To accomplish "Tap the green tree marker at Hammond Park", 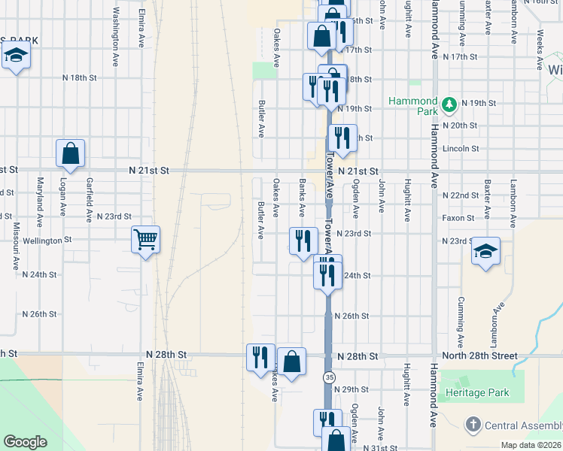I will [x=449, y=103].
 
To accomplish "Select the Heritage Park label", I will [x=476, y=392].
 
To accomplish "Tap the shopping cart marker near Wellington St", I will [x=145, y=240].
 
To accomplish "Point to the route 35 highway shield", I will [x=329, y=376].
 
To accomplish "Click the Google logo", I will [x=25, y=442].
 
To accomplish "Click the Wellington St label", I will [x=47, y=240].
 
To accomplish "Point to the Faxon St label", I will [x=459, y=218].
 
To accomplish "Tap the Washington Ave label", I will [x=116, y=27].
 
